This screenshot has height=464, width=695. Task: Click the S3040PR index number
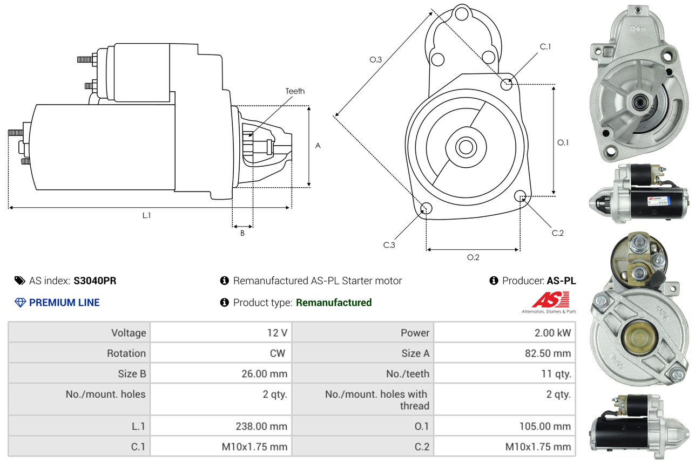pyautogui.click(x=95, y=281)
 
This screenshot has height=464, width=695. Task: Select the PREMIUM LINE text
pyautogui.click(x=64, y=303)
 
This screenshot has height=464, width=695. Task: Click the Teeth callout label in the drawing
pyautogui.click(x=295, y=91)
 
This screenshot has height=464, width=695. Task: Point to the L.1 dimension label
pyautogui.click(x=146, y=215)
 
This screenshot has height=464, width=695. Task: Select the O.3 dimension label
pyautogui.click(x=376, y=60)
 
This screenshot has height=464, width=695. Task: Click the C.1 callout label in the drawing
pyautogui.click(x=545, y=47)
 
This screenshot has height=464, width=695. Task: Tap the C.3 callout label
pyautogui.click(x=389, y=245)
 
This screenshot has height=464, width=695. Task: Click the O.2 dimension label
pyautogui.click(x=473, y=257)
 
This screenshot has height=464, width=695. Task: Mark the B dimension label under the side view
pyautogui.click(x=242, y=234)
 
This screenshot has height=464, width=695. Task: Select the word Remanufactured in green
pyautogui.click(x=334, y=303)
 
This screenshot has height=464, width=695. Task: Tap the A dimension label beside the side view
pyautogui.click(x=318, y=146)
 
